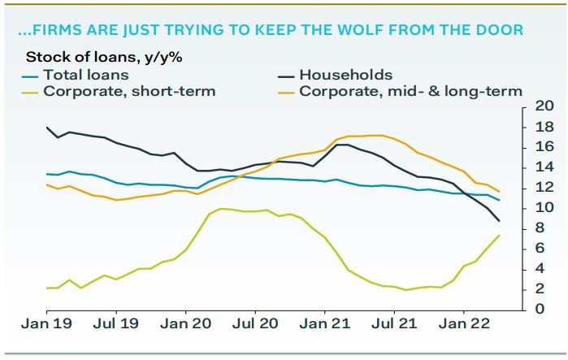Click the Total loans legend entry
82,75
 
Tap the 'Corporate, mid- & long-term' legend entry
410,91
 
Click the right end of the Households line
499,221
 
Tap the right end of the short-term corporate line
499,235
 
